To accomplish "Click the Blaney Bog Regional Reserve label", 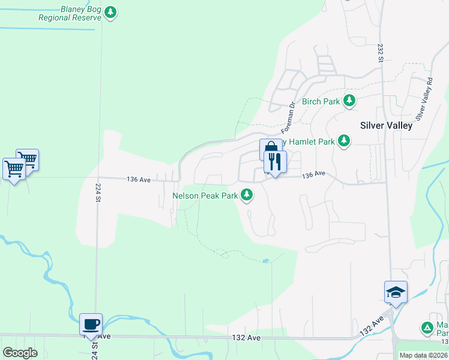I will [70, 14].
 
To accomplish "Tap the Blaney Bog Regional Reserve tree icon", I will [110, 12].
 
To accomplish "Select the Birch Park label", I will [321, 101].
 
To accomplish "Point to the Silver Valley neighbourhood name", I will [386, 125].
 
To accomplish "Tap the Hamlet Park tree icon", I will [343, 141].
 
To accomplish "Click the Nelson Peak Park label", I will [206, 195].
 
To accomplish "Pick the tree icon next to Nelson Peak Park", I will [247, 194].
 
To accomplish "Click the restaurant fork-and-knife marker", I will [275, 162].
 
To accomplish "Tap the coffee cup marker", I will [91, 325].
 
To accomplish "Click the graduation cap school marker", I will [396, 292].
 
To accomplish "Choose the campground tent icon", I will [427, 328].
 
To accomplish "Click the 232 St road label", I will [381, 51].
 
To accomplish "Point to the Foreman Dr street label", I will [289, 116].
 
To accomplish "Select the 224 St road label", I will [97, 194].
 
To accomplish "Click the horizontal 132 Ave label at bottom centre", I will [246, 338].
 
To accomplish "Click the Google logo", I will [20, 353].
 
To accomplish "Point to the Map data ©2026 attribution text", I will [423, 355].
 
